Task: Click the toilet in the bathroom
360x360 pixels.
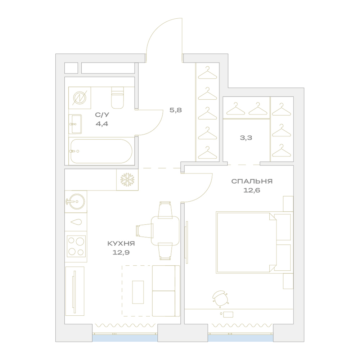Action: tap(118, 98)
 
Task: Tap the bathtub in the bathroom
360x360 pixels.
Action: tap(101, 151)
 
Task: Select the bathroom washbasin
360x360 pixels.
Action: tap(75, 124)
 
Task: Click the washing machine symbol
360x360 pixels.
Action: tap(80, 98)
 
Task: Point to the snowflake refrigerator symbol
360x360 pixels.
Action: tap(127, 180)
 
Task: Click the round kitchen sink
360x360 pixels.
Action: tap(76, 202)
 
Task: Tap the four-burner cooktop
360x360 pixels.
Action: tap(76, 246)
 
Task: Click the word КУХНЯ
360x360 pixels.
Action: tap(121, 243)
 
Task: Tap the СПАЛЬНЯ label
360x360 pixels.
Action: tap(252, 181)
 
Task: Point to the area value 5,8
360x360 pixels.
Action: tap(176, 110)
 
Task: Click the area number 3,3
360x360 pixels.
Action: tap(246, 138)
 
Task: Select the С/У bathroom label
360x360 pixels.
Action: tap(102, 114)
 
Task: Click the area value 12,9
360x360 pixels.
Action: tap(121, 253)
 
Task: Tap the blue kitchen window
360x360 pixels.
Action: tap(125, 338)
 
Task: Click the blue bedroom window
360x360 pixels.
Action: tap(240, 338)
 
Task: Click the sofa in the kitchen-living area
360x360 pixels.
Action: tap(166, 291)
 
